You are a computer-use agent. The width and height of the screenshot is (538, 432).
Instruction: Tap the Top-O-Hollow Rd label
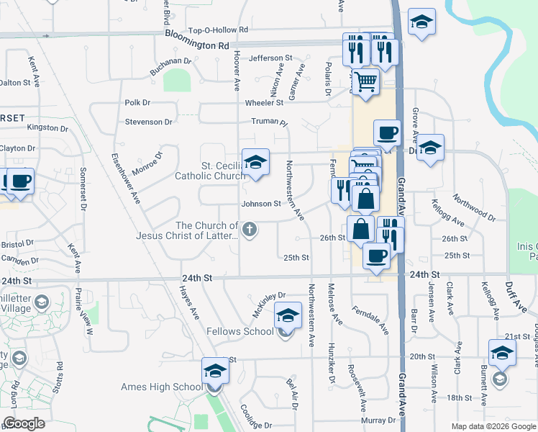tap(217, 30)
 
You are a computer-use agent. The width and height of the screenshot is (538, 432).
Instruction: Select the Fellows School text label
tap(240, 331)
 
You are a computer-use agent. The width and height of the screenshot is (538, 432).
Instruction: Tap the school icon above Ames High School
tap(214, 371)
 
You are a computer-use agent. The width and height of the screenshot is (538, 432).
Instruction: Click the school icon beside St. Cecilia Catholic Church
tap(255, 163)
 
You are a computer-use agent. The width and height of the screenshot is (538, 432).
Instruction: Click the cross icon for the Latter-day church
tap(250, 230)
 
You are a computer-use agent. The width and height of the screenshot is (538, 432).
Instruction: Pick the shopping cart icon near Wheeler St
tap(366, 82)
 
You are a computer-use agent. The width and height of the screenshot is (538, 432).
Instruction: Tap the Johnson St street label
tap(261, 204)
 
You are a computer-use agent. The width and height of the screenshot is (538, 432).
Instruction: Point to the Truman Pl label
tap(269, 122)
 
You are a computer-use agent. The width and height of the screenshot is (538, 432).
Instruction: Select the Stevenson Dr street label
tap(149, 122)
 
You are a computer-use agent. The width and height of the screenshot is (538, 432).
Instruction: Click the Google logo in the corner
tap(24, 423)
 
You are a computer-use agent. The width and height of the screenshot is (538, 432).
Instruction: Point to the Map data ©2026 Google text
tap(493, 426)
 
